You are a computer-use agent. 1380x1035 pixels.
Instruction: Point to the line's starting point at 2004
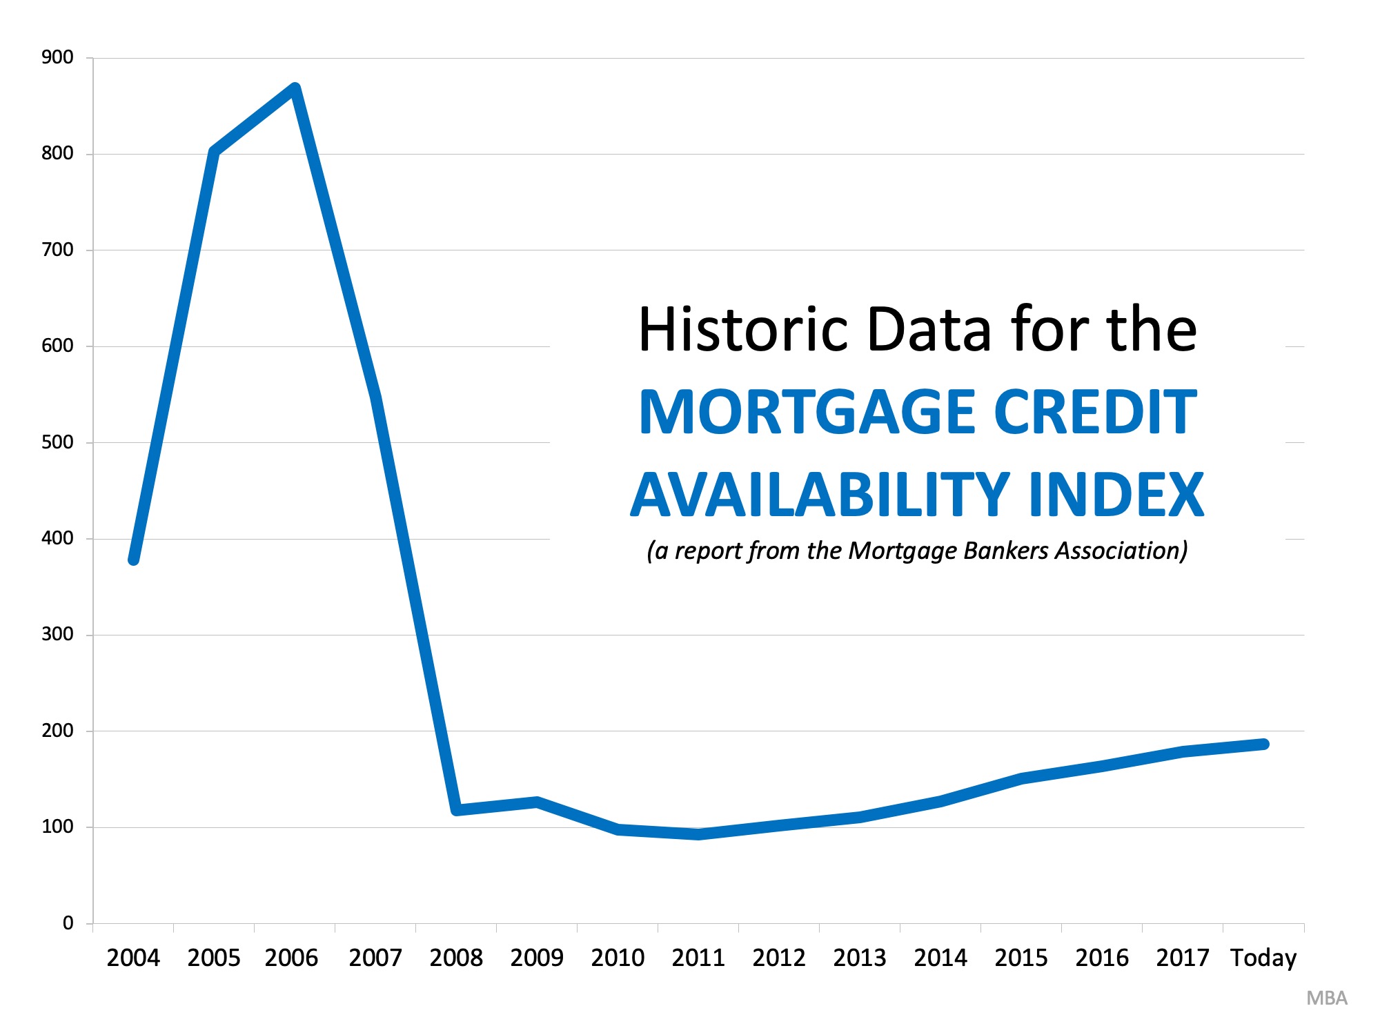[x=134, y=560]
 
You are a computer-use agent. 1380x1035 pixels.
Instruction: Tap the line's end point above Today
[x=1263, y=744]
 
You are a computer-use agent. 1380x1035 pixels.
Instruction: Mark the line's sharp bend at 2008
[x=457, y=809]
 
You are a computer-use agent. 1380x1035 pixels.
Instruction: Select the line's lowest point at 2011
[x=698, y=834]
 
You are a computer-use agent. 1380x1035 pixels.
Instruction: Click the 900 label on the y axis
[x=57, y=57]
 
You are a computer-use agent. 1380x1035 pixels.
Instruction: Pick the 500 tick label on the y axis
[x=57, y=442]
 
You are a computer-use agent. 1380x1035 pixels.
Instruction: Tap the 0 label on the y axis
[x=68, y=923]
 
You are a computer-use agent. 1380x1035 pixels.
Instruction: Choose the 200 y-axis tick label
[x=57, y=731]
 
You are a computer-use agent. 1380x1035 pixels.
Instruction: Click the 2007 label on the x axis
[x=375, y=958]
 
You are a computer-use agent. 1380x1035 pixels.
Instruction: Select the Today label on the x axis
[x=1263, y=958]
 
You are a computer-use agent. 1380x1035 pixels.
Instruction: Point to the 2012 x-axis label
[x=779, y=958]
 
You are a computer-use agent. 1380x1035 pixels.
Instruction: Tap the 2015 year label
[x=1021, y=958]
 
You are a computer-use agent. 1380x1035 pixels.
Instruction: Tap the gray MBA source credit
[x=1326, y=998]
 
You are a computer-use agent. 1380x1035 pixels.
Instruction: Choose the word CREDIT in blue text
[x=1094, y=412]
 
